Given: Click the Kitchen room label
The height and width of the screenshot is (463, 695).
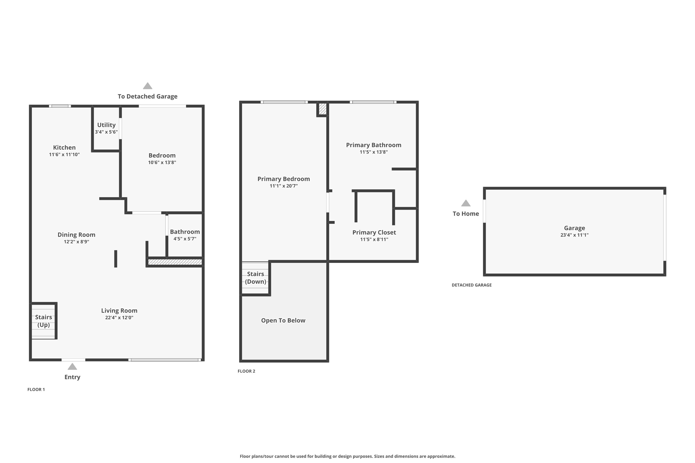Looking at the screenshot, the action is pyautogui.click(x=64, y=148).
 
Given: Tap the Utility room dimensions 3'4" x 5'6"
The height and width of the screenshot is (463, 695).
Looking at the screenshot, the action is pyautogui.click(x=106, y=132).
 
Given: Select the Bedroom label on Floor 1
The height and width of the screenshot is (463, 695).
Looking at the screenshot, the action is pyautogui.click(x=162, y=155).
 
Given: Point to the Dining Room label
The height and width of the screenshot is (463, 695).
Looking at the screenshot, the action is pyautogui.click(x=76, y=235).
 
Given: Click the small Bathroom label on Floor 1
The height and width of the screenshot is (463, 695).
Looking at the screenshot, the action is pyautogui.click(x=185, y=232).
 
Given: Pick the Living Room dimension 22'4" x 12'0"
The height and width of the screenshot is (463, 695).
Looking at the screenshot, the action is pyautogui.click(x=119, y=317).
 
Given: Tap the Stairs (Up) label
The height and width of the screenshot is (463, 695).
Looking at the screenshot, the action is pyautogui.click(x=43, y=321).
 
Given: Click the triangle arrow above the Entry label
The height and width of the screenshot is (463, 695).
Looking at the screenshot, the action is pyautogui.click(x=72, y=366).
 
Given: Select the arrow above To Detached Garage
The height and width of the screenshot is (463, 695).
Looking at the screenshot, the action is pyautogui.click(x=148, y=86).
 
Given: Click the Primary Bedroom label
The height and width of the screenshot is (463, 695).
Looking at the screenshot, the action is pyautogui.click(x=284, y=179).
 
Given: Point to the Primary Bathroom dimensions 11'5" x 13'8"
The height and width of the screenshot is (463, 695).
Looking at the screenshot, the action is pyautogui.click(x=374, y=152).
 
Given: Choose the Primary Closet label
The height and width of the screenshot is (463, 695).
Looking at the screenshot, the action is pyautogui.click(x=374, y=232).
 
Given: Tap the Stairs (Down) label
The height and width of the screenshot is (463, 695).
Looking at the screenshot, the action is pyautogui.click(x=255, y=278).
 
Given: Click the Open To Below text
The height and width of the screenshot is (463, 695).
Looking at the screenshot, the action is pyautogui.click(x=283, y=321).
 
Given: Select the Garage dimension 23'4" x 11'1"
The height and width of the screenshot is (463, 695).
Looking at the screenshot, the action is pyautogui.click(x=574, y=235).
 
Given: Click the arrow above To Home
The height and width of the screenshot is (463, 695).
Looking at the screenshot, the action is pyautogui.click(x=466, y=203).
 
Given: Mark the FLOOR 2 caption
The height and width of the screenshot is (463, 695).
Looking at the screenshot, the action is pyautogui.click(x=246, y=371).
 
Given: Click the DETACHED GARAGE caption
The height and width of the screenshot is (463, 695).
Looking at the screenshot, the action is pyautogui.click(x=472, y=285).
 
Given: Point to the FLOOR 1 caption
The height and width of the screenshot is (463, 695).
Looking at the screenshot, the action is pyautogui.click(x=36, y=390).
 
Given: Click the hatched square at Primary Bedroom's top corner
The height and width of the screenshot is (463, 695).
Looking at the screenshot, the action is pyautogui.click(x=322, y=109).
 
